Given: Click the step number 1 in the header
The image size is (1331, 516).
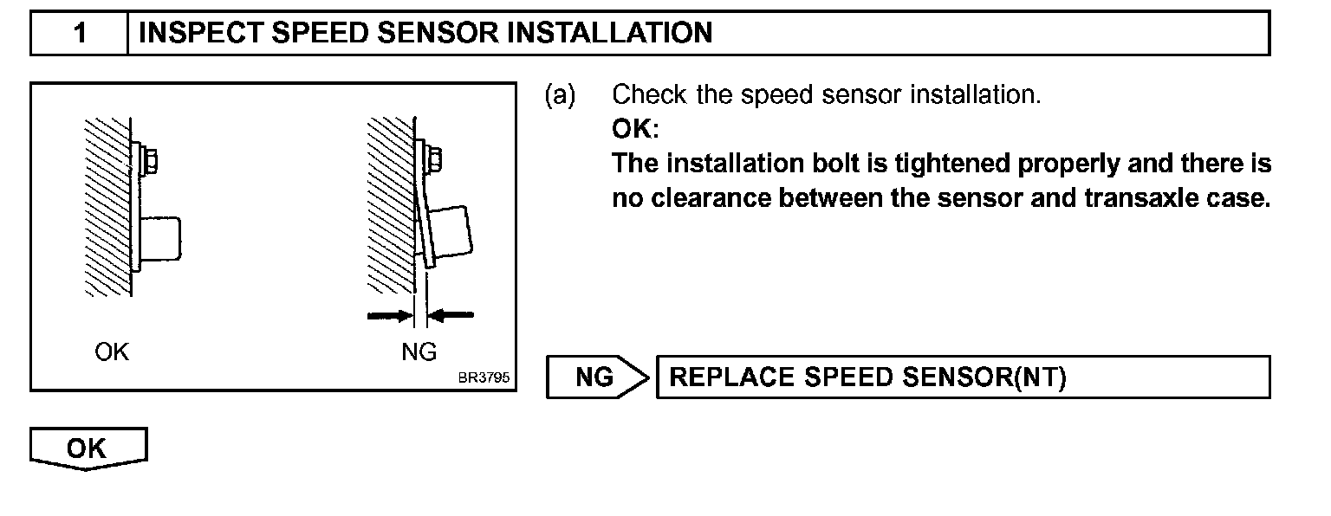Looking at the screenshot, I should point(79,34).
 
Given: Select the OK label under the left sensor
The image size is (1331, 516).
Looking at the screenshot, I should point(112,352).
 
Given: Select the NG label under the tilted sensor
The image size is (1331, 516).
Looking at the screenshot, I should point(419,352).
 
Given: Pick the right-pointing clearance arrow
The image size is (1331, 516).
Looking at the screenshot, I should point(387,317).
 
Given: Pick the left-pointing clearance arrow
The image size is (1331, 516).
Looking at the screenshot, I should point(452,317).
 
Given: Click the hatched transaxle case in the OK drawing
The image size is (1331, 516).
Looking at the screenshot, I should point(108,208).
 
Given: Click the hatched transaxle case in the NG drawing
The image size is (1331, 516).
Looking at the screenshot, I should point(391,208).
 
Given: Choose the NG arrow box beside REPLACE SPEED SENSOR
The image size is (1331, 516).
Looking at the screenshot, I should point(596,377).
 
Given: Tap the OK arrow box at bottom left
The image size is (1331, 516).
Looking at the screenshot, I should point(88,448).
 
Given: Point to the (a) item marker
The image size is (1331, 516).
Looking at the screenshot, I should point(559,95).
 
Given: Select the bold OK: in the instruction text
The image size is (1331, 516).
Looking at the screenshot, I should point(635,130).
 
